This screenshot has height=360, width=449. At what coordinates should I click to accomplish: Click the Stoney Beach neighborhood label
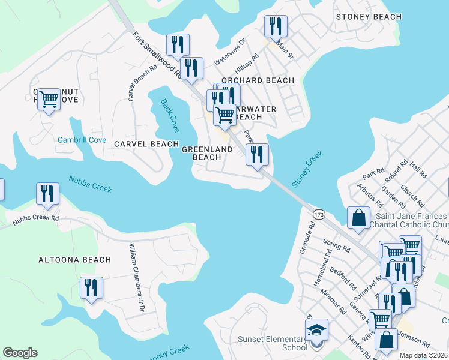(369, 17)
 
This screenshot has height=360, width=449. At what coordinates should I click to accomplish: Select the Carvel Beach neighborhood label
(146, 144)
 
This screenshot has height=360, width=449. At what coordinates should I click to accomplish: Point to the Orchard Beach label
(258, 80)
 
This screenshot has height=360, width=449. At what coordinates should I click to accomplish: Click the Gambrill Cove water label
(82, 140)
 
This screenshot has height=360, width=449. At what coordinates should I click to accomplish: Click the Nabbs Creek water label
(90, 184)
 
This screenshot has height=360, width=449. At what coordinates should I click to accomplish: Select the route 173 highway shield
(318, 214)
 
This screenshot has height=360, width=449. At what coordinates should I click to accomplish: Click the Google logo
(20, 353)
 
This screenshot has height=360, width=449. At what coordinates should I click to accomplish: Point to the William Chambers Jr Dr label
(137, 278)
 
